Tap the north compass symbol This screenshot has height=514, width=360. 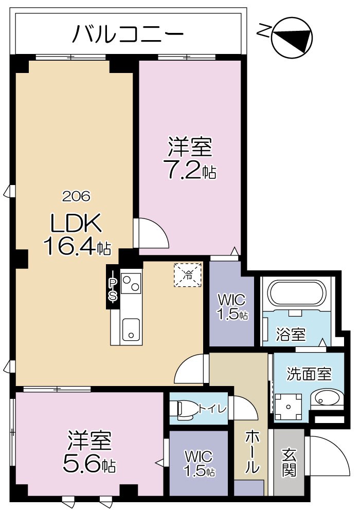[291, 36]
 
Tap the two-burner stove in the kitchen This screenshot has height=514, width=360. [131, 283]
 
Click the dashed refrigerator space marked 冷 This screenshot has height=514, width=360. [188, 274]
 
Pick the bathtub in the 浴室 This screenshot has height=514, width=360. [297, 294]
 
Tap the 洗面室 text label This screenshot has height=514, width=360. [309, 373]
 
